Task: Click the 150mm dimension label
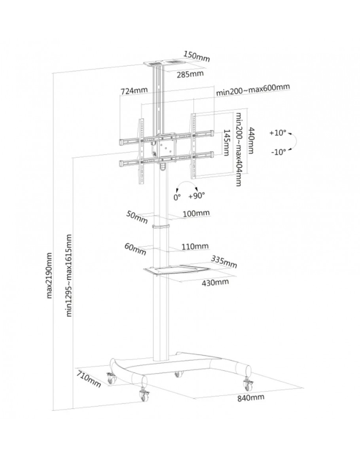[197, 57]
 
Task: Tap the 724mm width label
[133, 91]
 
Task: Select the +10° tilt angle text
[278, 133]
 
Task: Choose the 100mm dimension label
[196, 214]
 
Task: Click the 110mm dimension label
[195, 247]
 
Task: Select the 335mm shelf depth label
[224, 261]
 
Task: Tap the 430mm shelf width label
[216, 282]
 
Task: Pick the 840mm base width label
[251, 398]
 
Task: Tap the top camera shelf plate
[162, 63]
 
